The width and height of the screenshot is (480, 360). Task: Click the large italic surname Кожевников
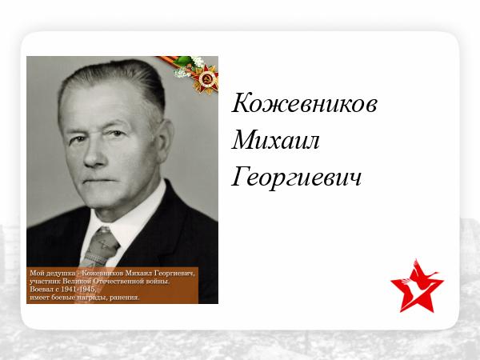[304, 103]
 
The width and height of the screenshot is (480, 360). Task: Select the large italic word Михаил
[275, 140]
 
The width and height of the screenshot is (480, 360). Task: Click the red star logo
[417, 286]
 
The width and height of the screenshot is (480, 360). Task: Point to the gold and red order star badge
[206, 79]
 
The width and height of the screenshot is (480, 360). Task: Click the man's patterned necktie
[100, 246]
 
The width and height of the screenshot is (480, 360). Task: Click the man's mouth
[98, 180]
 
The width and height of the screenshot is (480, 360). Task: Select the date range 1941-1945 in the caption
[78, 290]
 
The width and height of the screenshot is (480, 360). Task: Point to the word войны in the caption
[158, 281]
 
